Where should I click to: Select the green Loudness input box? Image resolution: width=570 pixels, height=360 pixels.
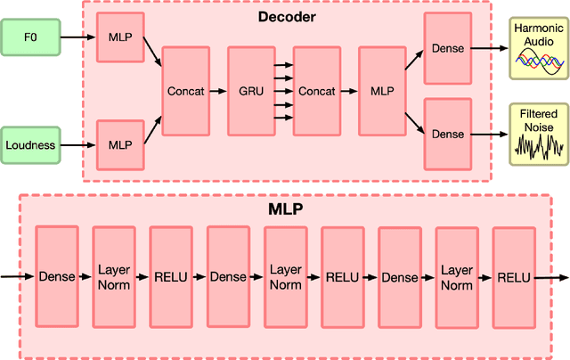(31, 144)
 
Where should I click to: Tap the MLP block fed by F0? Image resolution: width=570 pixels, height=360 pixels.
(119, 37)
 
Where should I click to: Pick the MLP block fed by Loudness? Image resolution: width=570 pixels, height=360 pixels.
(119, 144)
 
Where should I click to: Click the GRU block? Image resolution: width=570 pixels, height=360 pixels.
(251, 91)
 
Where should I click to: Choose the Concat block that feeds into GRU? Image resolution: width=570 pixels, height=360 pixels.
(185, 91)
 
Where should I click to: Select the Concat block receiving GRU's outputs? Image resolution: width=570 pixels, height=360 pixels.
(317, 91)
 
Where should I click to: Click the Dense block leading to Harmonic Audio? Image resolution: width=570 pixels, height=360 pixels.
(447, 48)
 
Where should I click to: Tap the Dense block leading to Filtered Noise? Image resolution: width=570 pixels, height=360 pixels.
(447, 134)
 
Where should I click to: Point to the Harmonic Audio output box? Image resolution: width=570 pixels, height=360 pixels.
(537, 48)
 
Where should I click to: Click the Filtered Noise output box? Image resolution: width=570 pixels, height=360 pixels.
(537, 134)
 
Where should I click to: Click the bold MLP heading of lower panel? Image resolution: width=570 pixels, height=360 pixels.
(286, 209)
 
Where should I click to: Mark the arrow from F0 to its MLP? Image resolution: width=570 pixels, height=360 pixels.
(77, 38)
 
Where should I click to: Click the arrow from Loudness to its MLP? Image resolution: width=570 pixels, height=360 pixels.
(77, 144)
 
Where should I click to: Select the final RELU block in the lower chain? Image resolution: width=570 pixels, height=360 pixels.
(513, 277)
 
